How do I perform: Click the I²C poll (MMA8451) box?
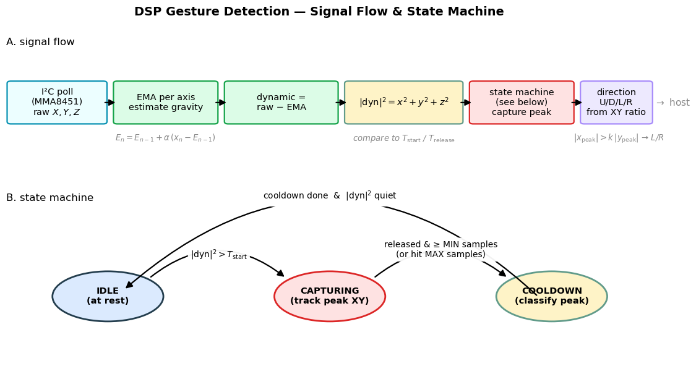(57, 103)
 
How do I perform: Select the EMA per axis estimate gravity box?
(166, 103)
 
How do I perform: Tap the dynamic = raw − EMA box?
(281, 103)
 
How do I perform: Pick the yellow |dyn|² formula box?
(403, 103)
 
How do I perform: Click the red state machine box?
(522, 103)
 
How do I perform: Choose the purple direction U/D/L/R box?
(616, 103)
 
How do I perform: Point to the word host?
(679, 103)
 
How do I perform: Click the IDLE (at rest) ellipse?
(108, 296)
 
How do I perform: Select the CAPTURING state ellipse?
(330, 296)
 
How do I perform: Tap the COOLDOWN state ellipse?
(552, 296)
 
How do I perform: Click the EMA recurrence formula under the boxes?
(166, 138)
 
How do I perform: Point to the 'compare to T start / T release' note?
(403, 138)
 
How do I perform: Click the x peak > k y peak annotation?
(619, 138)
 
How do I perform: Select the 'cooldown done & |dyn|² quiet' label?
(330, 195)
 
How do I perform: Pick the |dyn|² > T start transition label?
(219, 255)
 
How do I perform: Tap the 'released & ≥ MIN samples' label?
(440, 244)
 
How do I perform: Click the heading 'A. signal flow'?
(40, 42)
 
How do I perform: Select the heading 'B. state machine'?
(49, 198)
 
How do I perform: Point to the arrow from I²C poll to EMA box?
(110, 103)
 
